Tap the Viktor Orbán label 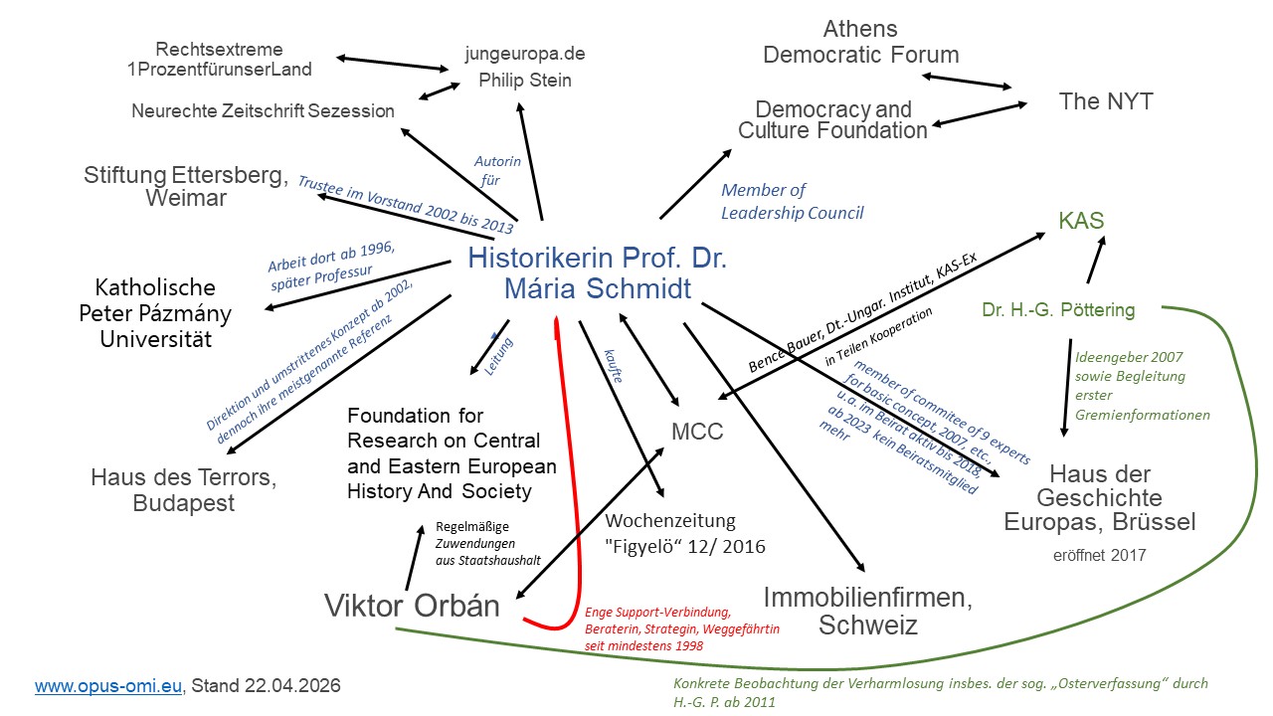(x=412, y=605)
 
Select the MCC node (x=696, y=432)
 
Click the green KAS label (x=1081, y=221)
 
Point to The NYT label (x=1105, y=101)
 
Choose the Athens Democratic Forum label (x=860, y=42)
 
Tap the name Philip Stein (x=525, y=80)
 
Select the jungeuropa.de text (x=525, y=53)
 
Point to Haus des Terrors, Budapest (x=184, y=490)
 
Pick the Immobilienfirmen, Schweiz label (x=867, y=611)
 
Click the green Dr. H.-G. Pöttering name (x=1058, y=310)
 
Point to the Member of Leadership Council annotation (x=792, y=201)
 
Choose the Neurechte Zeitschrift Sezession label (x=263, y=111)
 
